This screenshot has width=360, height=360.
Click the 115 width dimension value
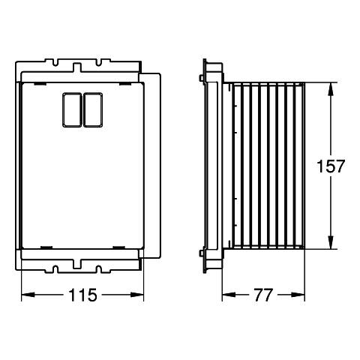click(x=82, y=295)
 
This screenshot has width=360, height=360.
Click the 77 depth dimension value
click(x=263, y=295)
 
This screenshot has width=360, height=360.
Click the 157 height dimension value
click(x=331, y=166)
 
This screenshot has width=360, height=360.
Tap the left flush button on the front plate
click(x=72, y=109)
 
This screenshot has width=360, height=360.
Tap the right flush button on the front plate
click(x=93, y=109)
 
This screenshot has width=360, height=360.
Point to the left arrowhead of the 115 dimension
click(x=28, y=295)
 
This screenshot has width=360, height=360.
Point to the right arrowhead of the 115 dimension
click(x=137, y=295)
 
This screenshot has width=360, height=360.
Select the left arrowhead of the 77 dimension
click(x=229, y=295)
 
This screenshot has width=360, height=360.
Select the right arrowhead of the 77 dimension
click(x=298, y=295)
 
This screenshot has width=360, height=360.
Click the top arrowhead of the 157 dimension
click(x=331, y=89)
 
